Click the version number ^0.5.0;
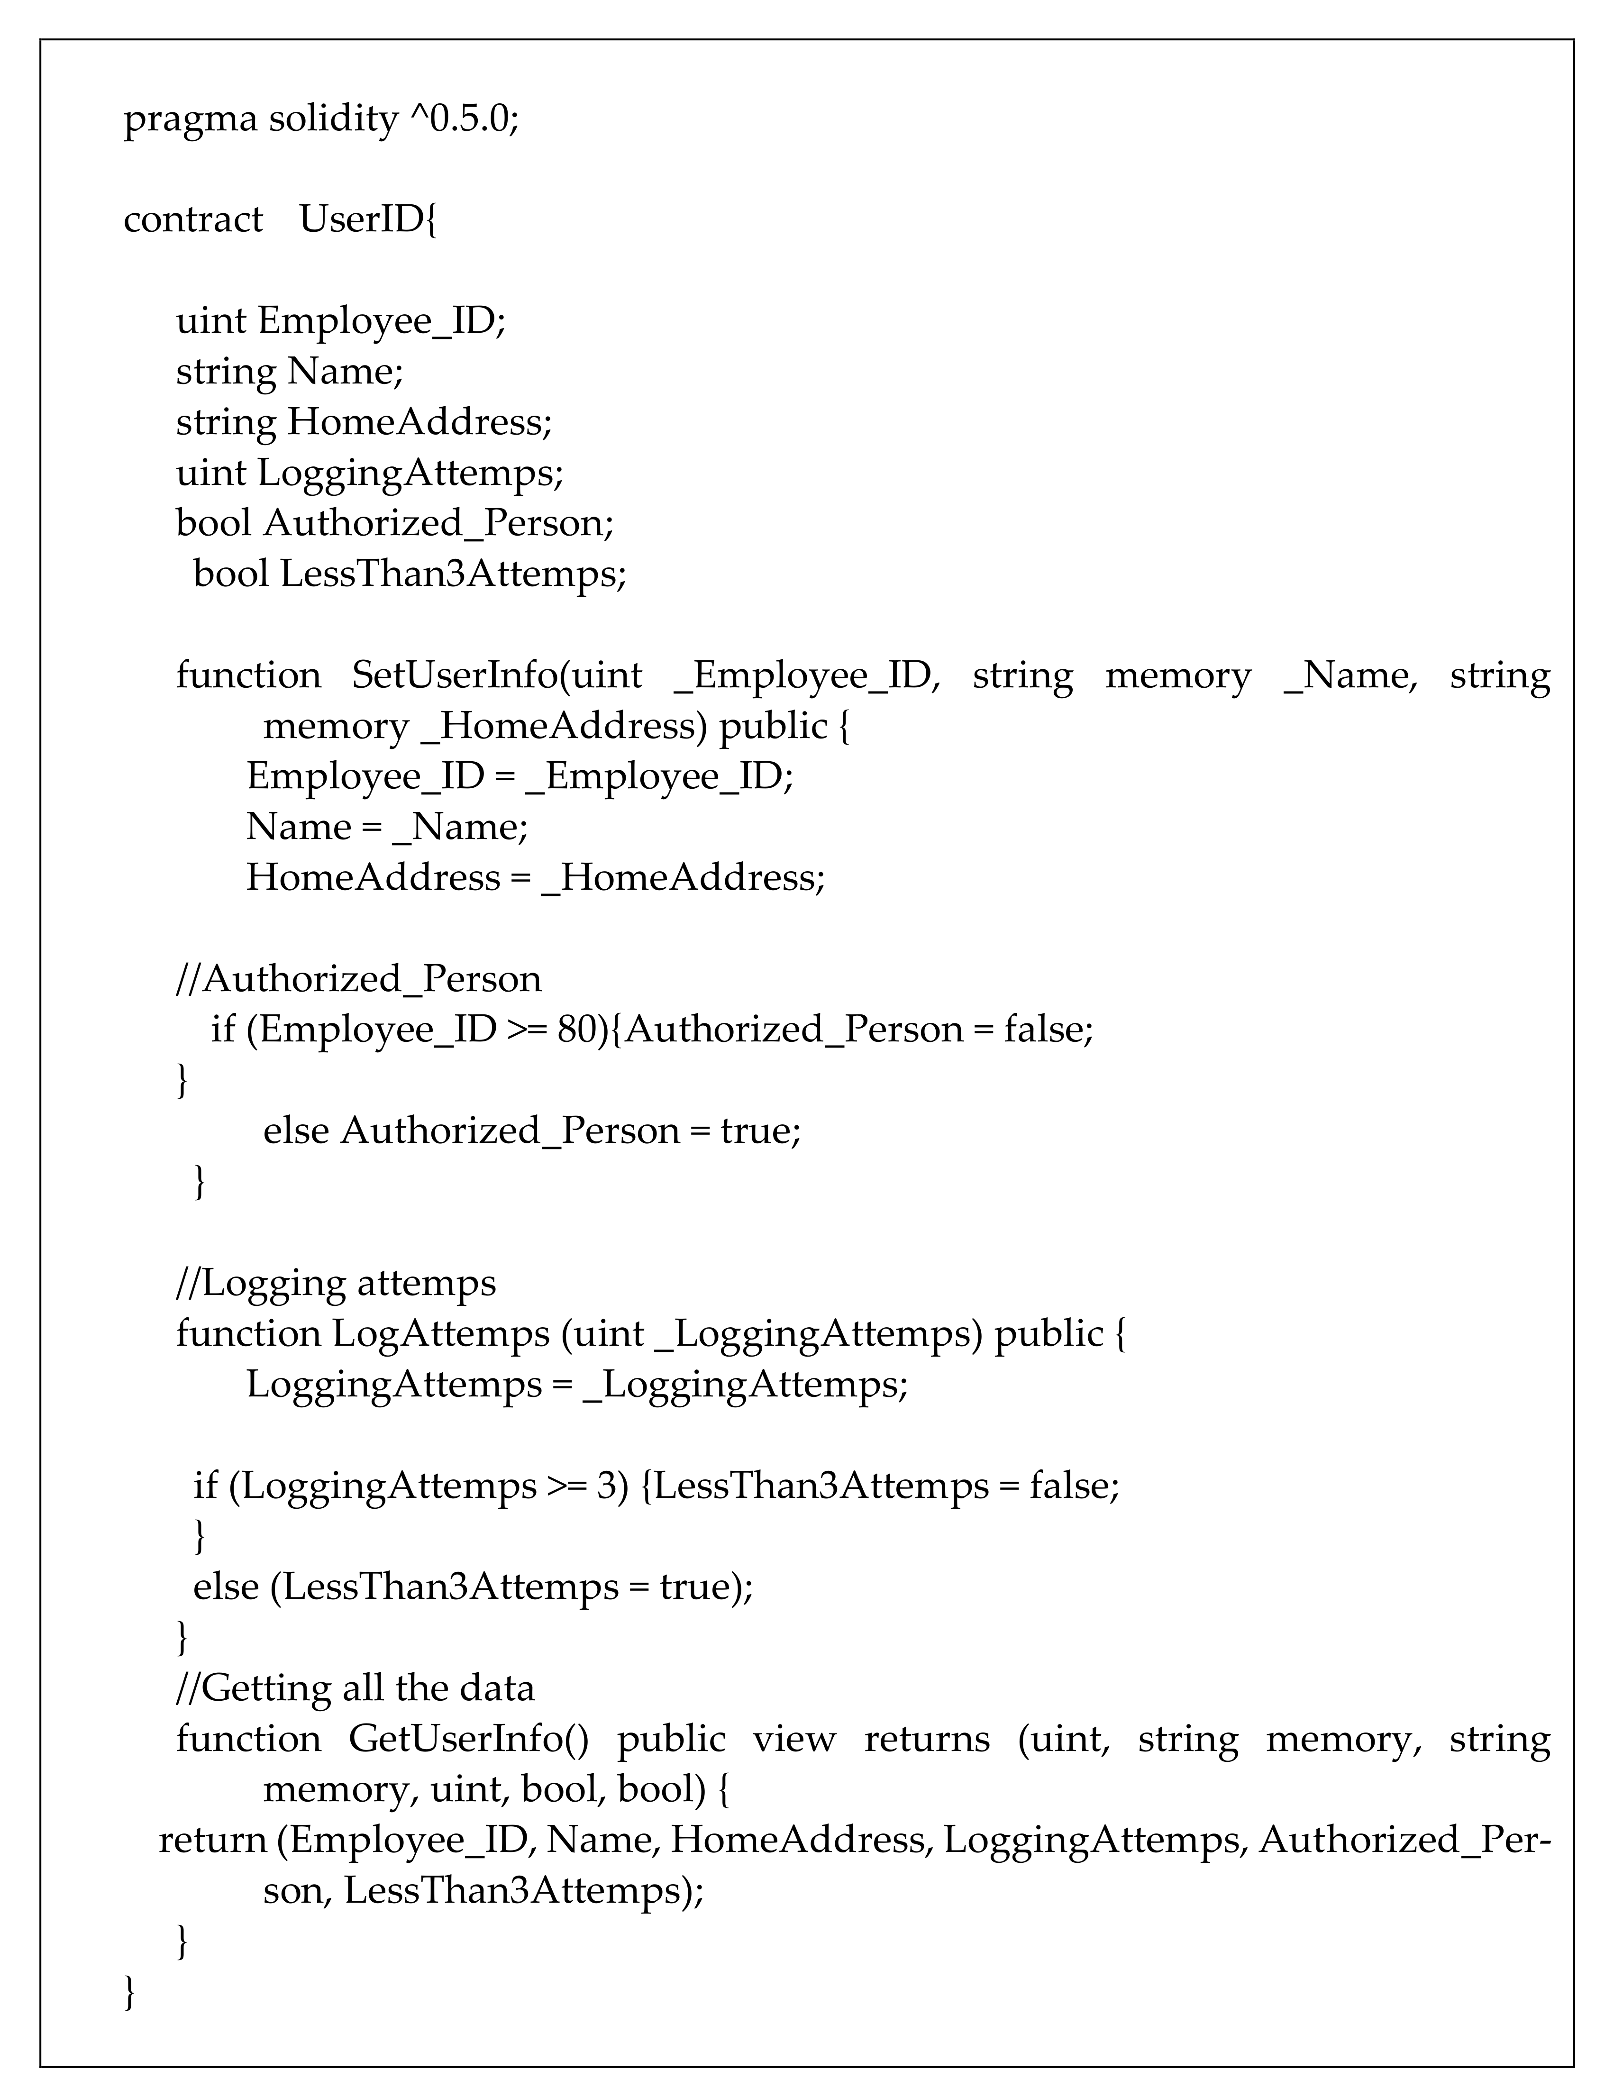point(464,120)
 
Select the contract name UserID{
point(368,220)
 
